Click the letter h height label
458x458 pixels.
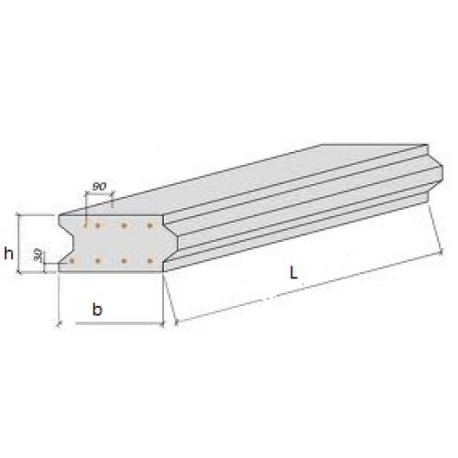point(8,254)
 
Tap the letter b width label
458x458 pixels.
point(97,310)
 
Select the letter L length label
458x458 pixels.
point(293,272)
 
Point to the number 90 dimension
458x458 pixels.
point(99,186)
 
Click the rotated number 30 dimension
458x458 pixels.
point(38,255)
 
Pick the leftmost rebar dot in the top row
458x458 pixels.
point(85,226)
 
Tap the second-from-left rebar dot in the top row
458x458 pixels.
point(98,226)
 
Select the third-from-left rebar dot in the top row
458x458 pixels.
point(124,226)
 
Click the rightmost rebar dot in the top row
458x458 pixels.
point(149,226)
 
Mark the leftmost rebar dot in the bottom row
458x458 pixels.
point(71,261)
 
